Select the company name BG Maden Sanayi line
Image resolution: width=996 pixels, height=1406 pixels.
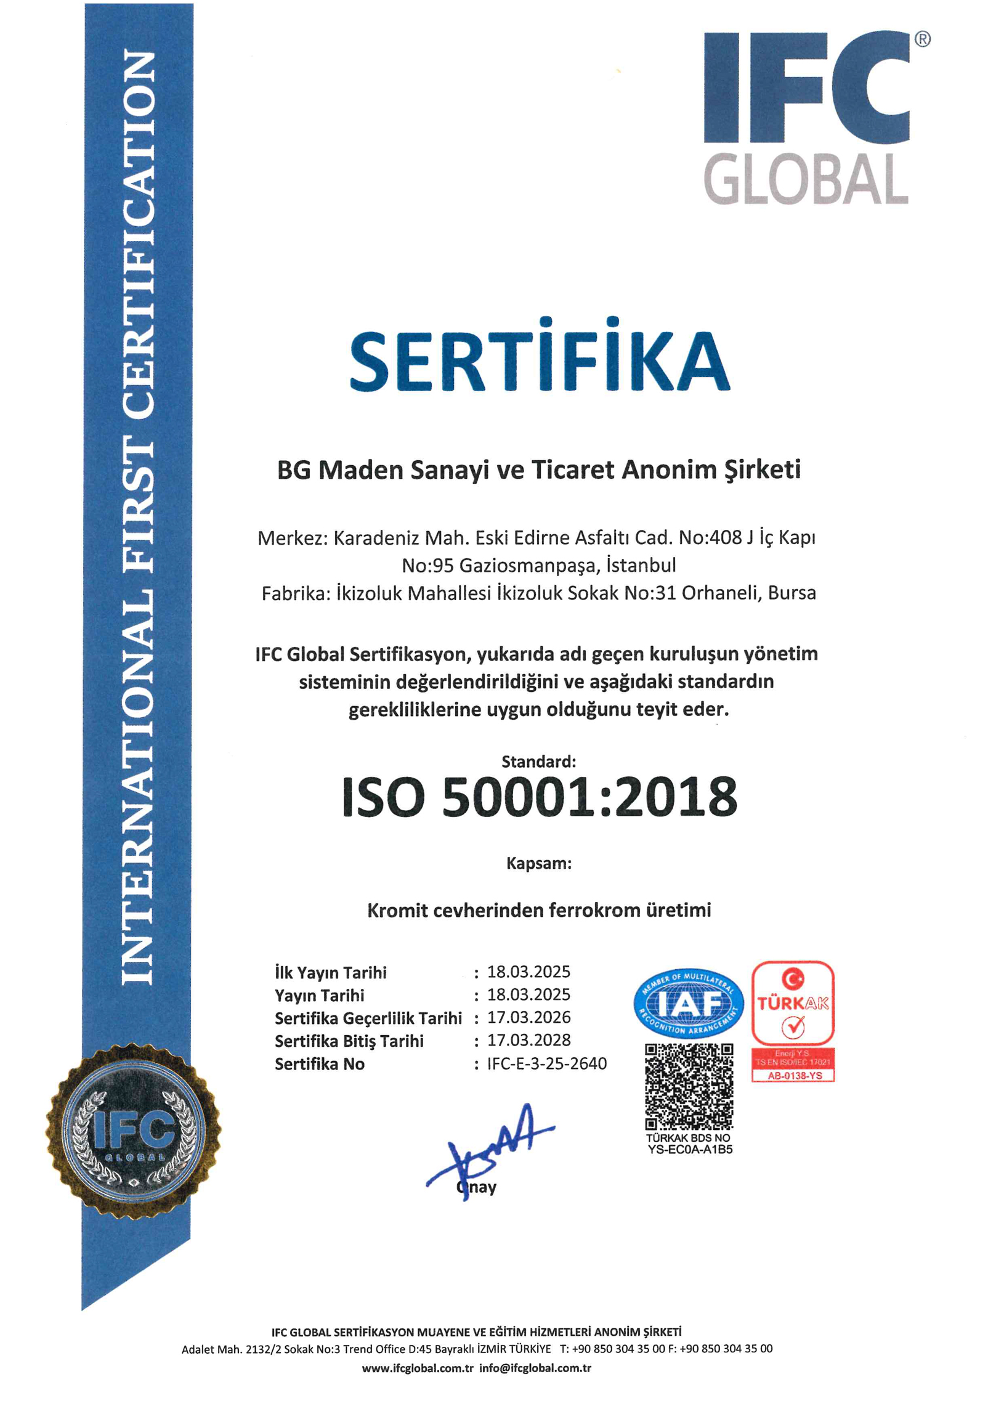pyautogui.click(x=539, y=470)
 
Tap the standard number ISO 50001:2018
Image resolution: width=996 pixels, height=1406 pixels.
pyautogui.click(x=540, y=797)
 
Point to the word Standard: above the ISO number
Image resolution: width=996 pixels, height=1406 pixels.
pyautogui.click(x=538, y=762)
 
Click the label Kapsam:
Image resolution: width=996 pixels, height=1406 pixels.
pyautogui.click(x=539, y=863)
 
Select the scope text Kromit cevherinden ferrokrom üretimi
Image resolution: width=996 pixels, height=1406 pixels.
pyautogui.click(x=539, y=910)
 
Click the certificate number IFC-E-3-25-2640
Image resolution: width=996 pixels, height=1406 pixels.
pyautogui.click(x=547, y=1063)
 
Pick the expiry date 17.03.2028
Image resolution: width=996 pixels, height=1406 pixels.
pyautogui.click(x=528, y=1040)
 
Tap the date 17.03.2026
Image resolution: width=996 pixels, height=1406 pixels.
pyautogui.click(x=528, y=1017)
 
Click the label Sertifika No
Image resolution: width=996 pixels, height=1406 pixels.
pyautogui.click(x=320, y=1064)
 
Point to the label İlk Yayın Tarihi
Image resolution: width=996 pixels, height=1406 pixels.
pyautogui.click(x=331, y=972)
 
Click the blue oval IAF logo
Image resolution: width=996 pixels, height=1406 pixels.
pyautogui.click(x=688, y=1004)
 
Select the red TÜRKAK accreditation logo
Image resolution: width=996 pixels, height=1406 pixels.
pyautogui.click(x=793, y=1020)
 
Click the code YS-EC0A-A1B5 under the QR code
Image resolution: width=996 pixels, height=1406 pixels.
pyautogui.click(x=689, y=1150)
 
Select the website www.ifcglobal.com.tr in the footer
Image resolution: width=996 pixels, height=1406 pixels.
pyautogui.click(x=418, y=1368)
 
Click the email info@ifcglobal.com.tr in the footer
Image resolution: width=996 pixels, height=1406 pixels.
pyautogui.click(x=535, y=1368)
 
